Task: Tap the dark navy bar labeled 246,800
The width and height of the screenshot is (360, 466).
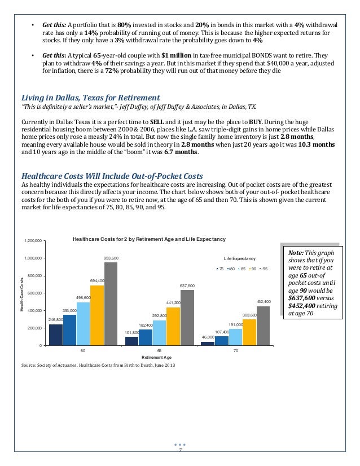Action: [x=56, y=334]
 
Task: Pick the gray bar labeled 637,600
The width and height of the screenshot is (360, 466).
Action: [x=187, y=317]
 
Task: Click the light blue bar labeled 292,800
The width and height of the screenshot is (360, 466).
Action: [x=159, y=332]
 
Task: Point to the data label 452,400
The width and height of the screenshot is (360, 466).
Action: [x=264, y=301]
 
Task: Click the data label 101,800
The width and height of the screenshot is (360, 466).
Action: [x=131, y=332]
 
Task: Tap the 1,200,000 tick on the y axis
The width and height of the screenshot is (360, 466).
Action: [x=33, y=241]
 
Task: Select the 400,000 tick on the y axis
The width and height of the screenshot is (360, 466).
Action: [x=34, y=311]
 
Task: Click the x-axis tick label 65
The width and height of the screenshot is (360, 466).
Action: [x=159, y=351]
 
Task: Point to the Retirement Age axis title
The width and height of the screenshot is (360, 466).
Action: [x=159, y=358]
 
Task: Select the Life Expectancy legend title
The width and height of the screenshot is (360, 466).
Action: [x=239, y=258]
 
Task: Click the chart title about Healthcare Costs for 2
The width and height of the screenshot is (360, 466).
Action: [x=149, y=239]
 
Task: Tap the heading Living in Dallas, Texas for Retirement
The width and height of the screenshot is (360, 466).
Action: [x=90, y=97]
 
